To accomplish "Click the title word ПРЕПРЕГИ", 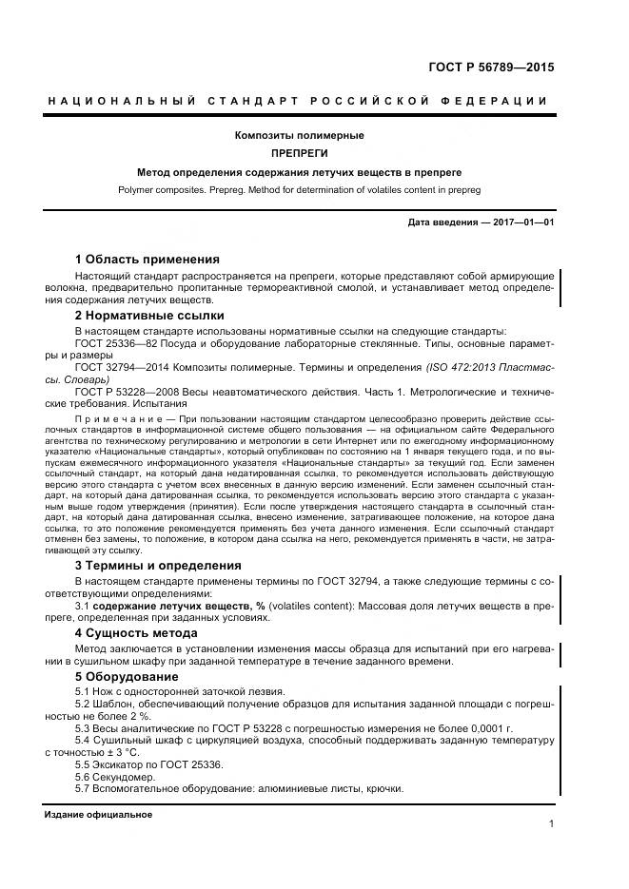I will pyautogui.click(x=299, y=153).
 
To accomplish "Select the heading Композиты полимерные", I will pyautogui.click(x=299, y=135).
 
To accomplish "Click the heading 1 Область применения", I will pyautogui.click(x=147, y=259).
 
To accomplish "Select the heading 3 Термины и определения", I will pyautogui.click(x=158, y=565).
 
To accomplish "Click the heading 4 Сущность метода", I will pyautogui.click(x=136, y=632).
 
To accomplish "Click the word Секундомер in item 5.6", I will pyautogui.click(x=123, y=776).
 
